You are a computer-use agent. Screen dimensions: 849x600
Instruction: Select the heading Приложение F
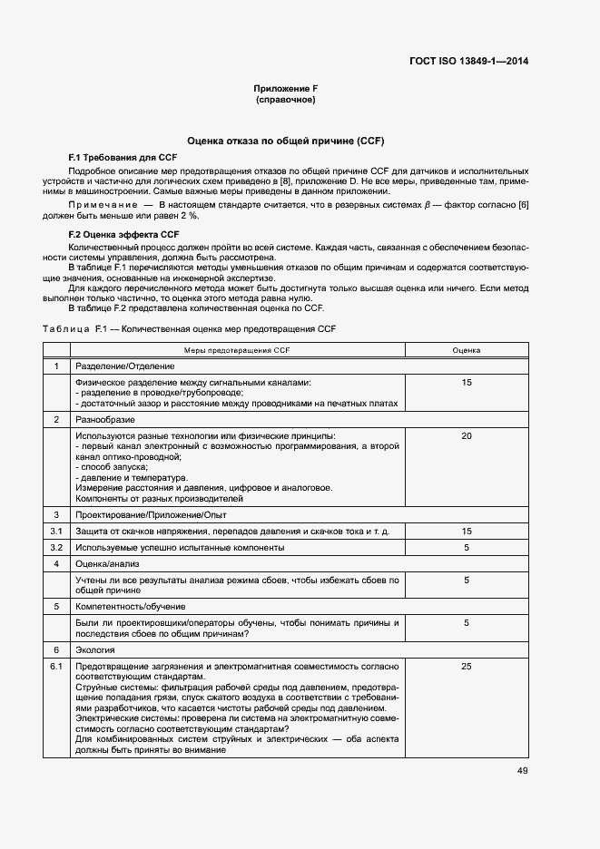point(285,89)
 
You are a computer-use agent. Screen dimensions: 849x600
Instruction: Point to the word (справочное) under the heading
point(285,100)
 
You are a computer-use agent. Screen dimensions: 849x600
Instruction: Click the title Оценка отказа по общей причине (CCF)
point(286,141)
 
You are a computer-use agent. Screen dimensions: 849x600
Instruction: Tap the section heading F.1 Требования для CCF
point(113,158)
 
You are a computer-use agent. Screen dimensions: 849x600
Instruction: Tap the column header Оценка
point(467,349)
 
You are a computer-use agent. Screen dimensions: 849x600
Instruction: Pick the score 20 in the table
point(467,436)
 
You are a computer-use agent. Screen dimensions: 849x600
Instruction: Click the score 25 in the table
point(467,667)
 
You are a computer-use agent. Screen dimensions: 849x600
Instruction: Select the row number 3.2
point(55,548)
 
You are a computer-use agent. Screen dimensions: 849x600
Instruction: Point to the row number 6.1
point(55,667)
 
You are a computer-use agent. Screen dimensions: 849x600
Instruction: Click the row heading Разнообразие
point(105,420)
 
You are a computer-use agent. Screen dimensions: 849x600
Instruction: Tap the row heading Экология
point(95,650)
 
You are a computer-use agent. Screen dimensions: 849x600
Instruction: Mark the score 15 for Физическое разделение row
point(467,383)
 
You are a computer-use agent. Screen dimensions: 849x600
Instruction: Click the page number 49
point(522,771)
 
